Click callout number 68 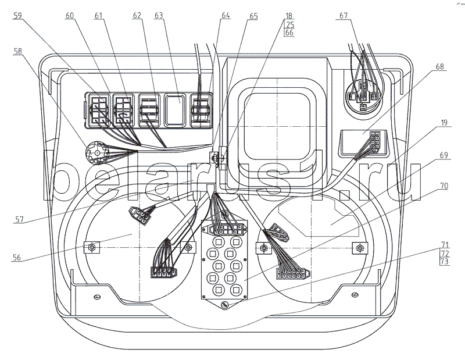[x=439, y=67]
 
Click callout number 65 [x=253, y=17]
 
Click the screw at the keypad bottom [x=224, y=305]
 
